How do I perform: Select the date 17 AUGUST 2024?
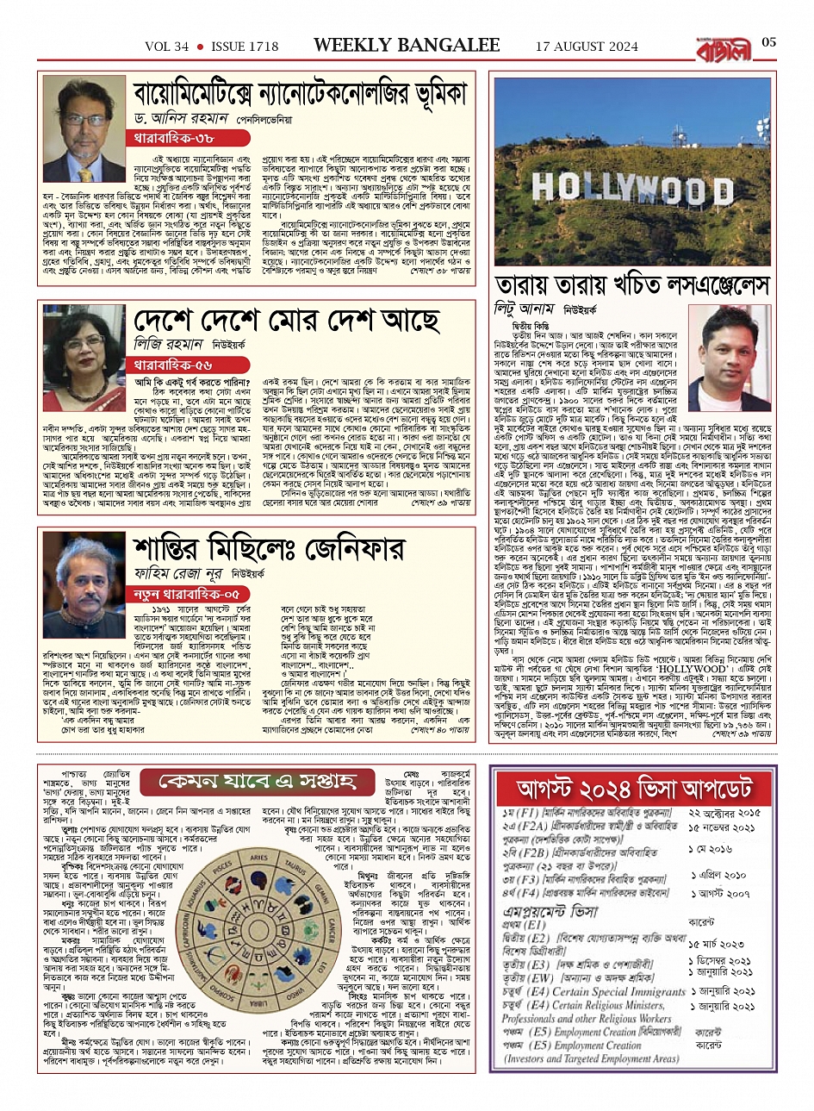(585, 46)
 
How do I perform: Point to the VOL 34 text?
(165, 46)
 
